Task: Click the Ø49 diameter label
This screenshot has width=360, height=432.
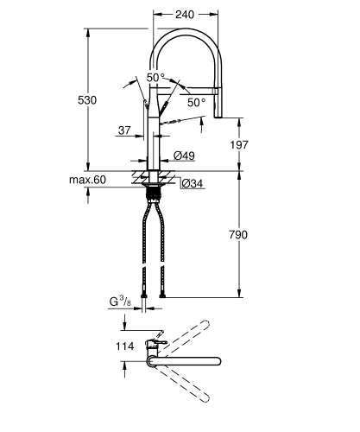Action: (x=183, y=156)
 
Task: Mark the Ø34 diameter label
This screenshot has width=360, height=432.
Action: (x=192, y=182)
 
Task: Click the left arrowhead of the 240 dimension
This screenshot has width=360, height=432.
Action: (x=157, y=15)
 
